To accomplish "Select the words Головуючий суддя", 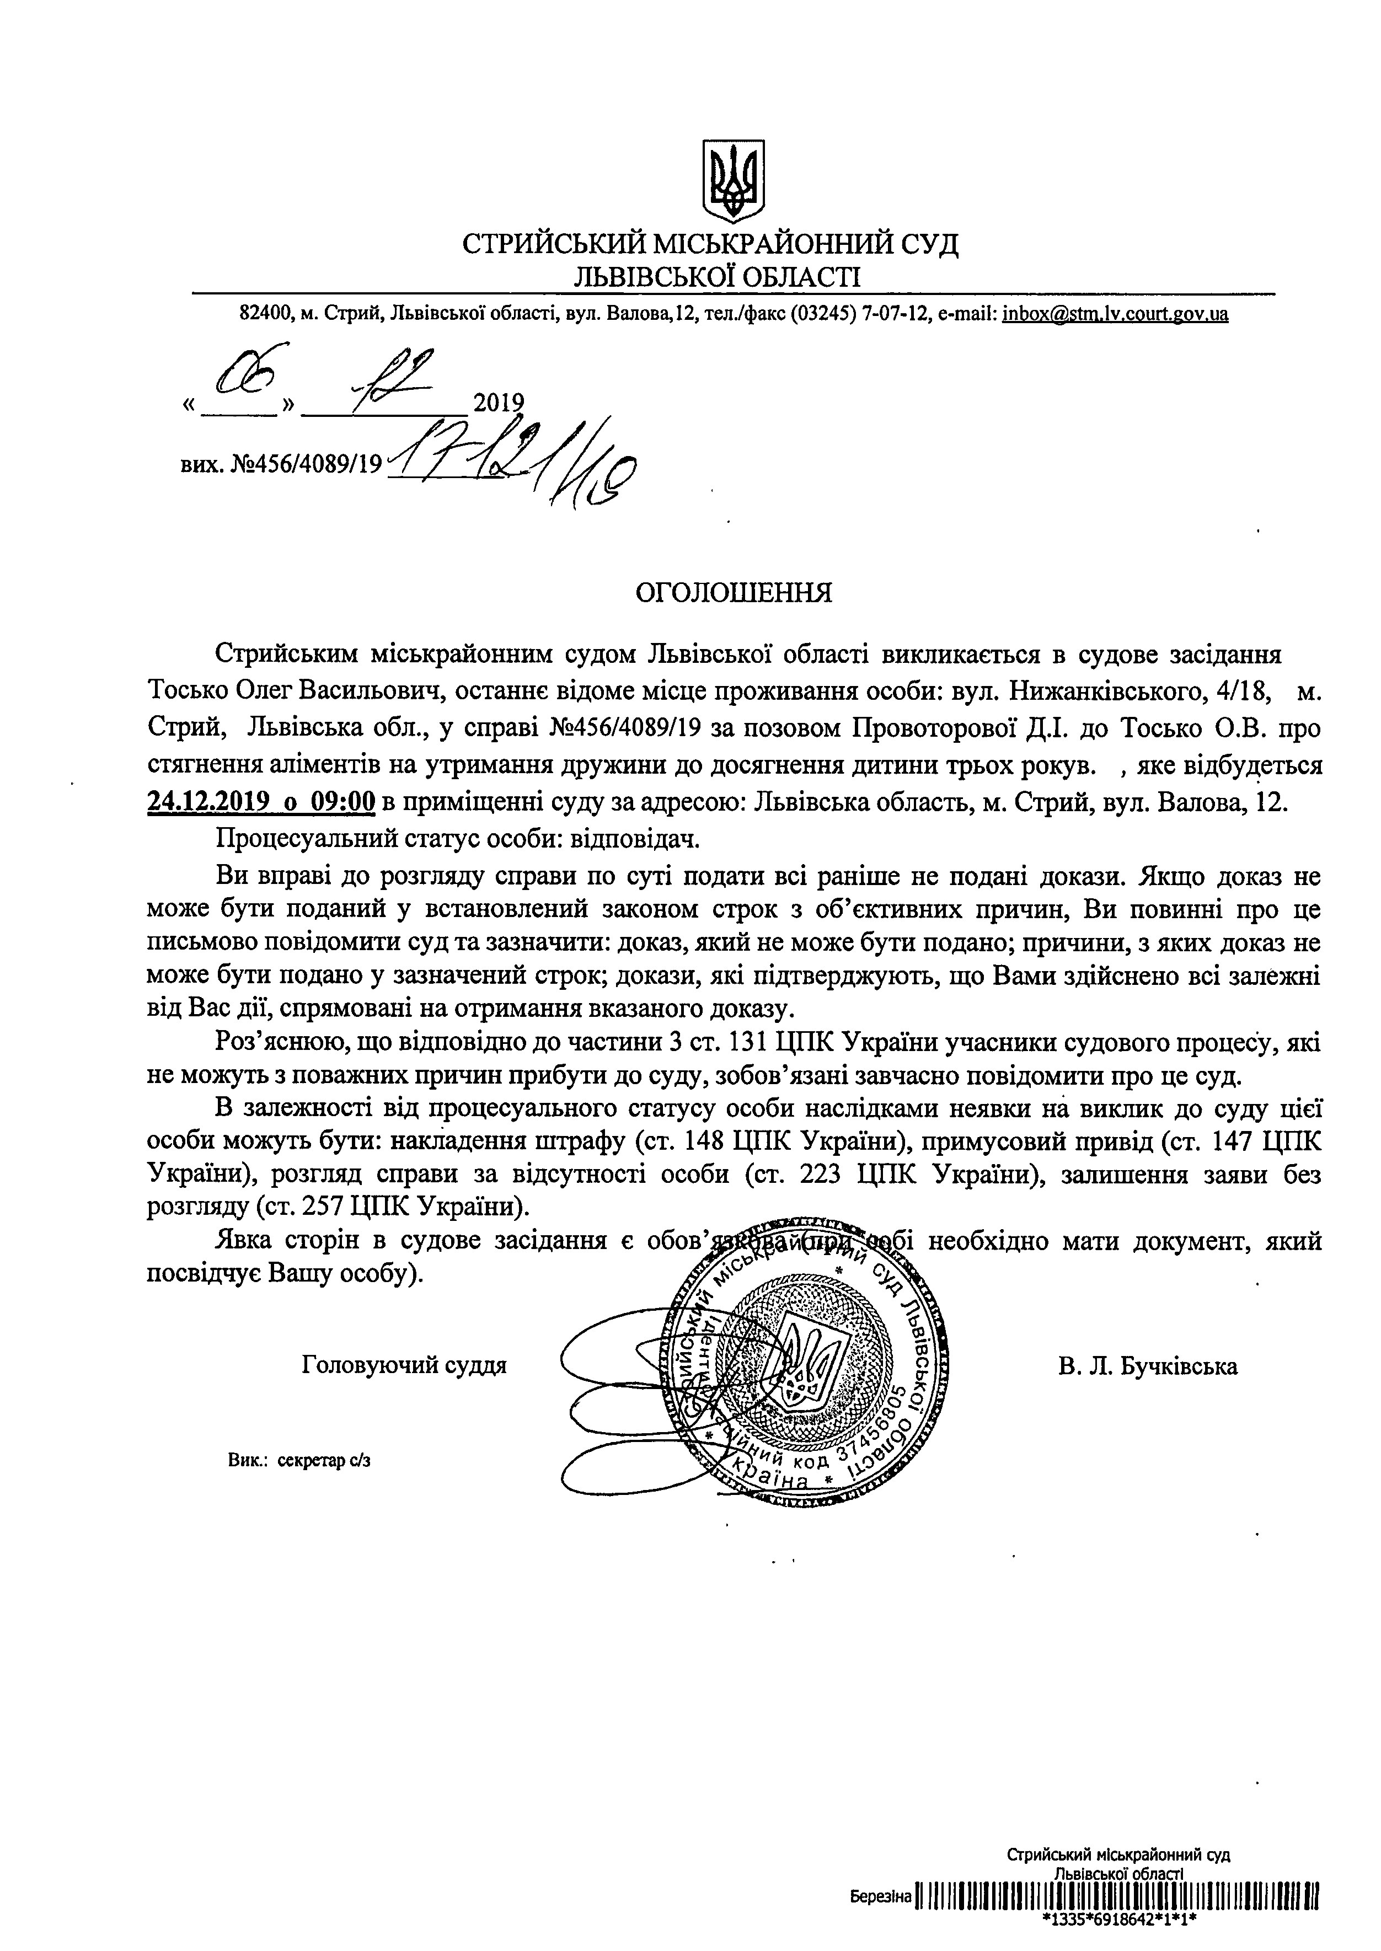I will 404,1365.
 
